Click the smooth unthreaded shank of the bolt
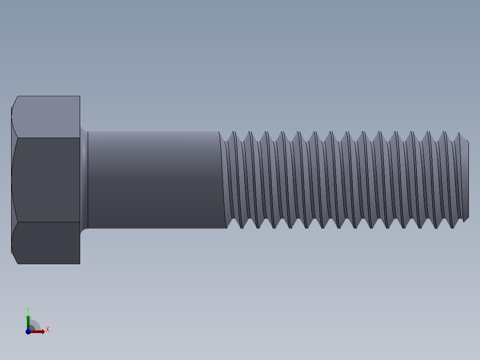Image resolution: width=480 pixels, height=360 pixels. tap(154, 180)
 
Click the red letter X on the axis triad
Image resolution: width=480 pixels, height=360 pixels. tap(47, 330)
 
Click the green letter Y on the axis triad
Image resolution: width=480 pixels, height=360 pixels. tap(28, 309)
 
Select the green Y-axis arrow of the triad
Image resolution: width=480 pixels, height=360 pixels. tap(28, 321)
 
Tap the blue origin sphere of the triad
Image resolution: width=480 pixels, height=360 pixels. tap(28, 331)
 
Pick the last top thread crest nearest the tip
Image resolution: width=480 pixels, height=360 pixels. tap(459, 134)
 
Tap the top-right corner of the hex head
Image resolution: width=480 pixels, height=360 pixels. tap(79, 97)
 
